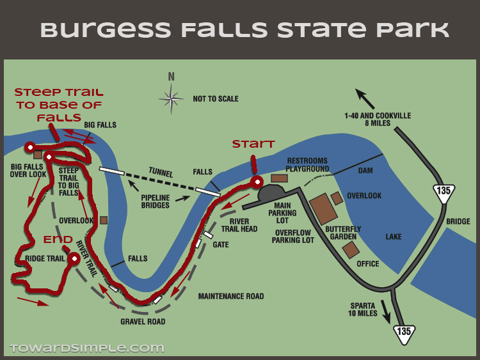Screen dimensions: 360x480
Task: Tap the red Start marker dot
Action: [x=257, y=182]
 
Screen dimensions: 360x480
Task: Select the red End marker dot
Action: [x=74, y=259]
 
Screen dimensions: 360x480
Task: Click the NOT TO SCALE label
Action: [x=216, y=99]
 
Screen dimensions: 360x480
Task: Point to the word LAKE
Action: [x=394, y=237]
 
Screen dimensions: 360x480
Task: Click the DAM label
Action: [x=365, y=171]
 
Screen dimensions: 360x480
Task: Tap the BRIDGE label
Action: [x=458, y=222]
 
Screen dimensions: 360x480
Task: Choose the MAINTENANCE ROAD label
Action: [x=231, y=296]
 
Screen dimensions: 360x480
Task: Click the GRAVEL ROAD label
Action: [x=143, y=322]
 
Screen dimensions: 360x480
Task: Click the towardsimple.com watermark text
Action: [x=87, y=348]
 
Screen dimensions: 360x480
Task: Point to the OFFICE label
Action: [x=368, y=263]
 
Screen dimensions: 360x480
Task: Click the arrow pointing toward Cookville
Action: [x=365, y=98]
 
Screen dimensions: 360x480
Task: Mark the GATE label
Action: [x=221, y=245]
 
